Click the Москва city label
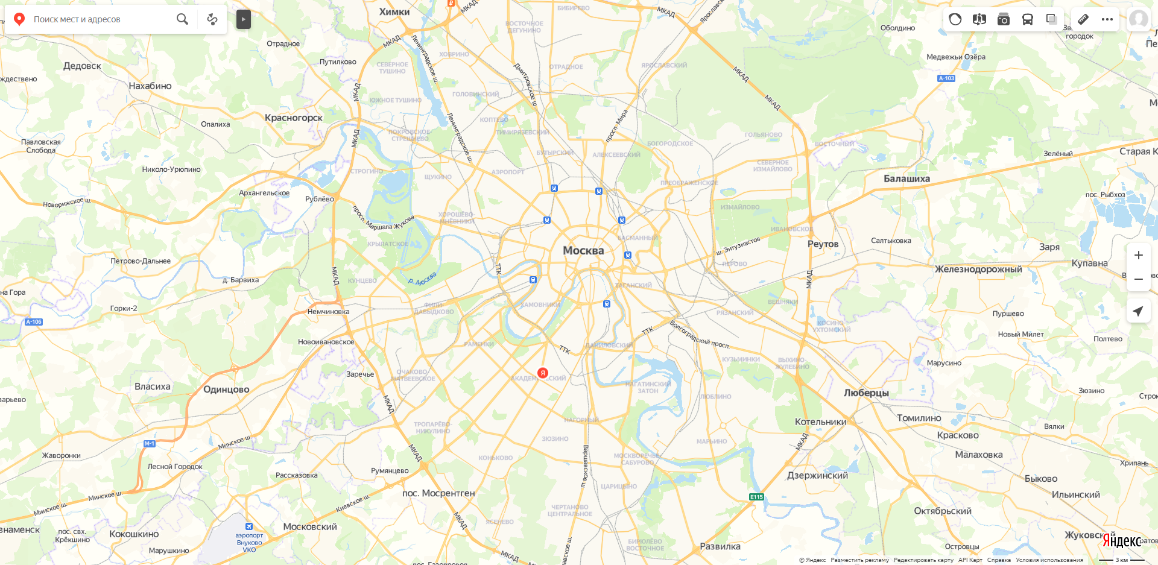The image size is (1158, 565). coord(583,250)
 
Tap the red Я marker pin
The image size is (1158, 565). coord(543,373)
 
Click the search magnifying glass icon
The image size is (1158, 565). coord(182,19)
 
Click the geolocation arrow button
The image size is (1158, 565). coord(1138,311)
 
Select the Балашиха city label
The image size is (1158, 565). coord(906,178)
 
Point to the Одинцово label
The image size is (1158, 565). coord(226,390)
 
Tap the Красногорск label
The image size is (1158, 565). coord(294,118)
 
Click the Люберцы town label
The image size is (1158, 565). coord(866,393)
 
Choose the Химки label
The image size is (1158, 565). coord(394,11)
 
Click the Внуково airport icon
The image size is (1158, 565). coord(248,526)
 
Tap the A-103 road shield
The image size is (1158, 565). coord(946,78)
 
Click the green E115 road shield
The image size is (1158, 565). coord(756,497)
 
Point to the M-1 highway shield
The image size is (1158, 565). coord(149,444)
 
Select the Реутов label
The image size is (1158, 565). coord(823,244)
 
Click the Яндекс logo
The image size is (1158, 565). coord(1121,541)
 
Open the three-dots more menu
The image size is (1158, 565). coord(1107,19)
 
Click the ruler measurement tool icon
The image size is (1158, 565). coord(1083,19)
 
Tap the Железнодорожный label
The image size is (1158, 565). coord(978,269)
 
